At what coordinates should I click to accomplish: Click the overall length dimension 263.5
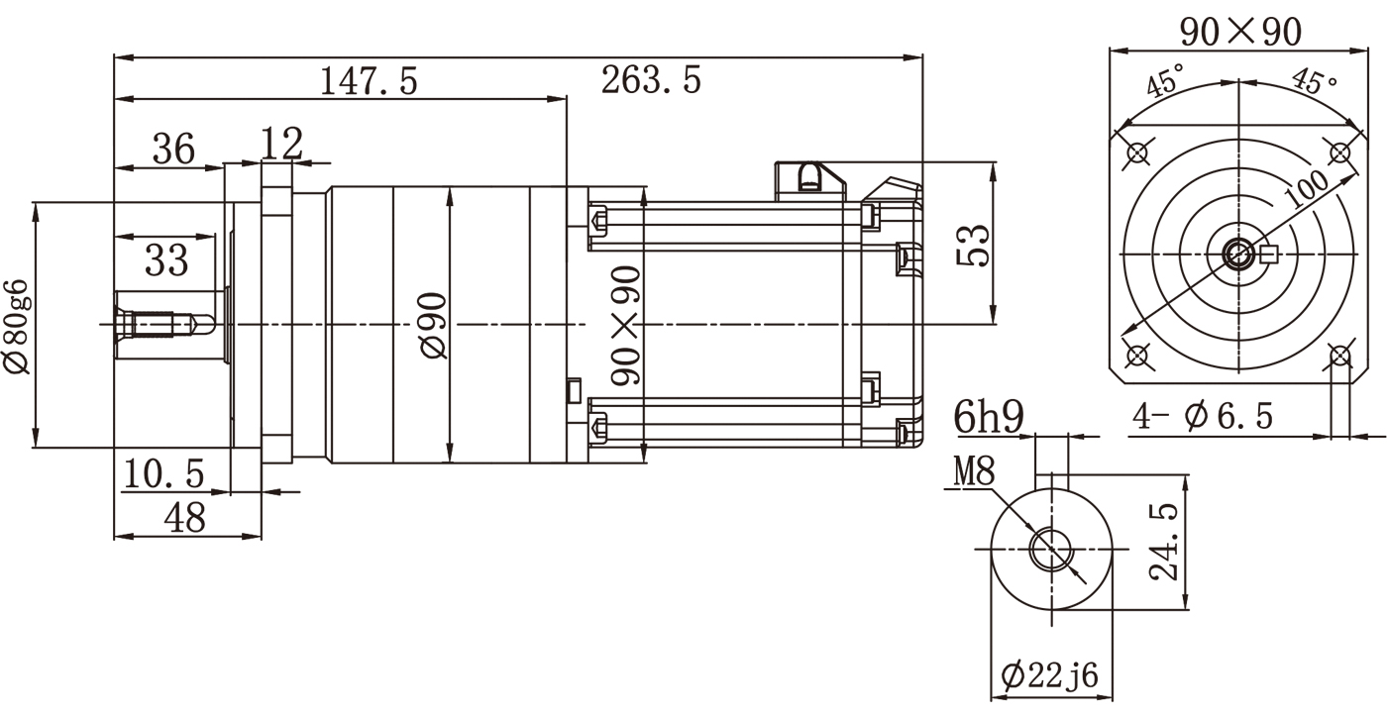651,80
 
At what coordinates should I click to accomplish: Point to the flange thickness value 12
282,144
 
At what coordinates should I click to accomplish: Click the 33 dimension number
166,260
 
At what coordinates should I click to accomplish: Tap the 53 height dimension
973,247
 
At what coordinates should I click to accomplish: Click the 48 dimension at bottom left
183,517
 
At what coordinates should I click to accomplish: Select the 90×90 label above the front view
1239,33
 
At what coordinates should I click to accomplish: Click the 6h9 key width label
988,418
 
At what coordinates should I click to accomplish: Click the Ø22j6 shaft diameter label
1049,676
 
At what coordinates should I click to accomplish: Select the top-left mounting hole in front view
1137,154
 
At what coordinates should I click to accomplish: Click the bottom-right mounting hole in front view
1339,356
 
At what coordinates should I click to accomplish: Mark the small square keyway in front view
1270,255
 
